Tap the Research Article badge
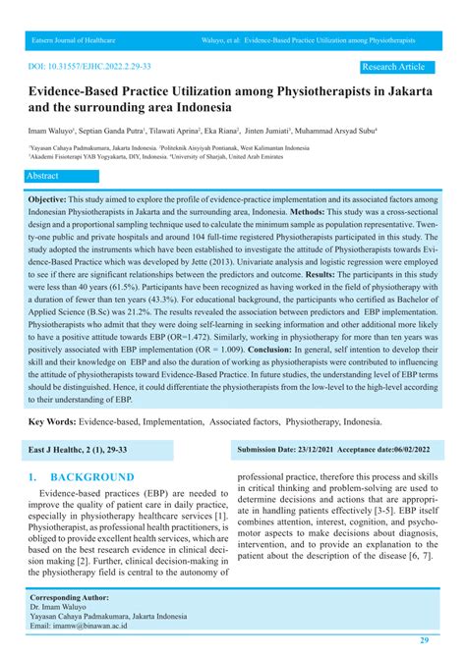click(x=394, y=67)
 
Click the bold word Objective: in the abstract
click(x=60, y=197)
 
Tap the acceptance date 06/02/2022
click(x=410, y=450)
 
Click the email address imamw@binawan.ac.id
click(x=97, y=625)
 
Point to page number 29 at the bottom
click(x=424, y=639)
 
